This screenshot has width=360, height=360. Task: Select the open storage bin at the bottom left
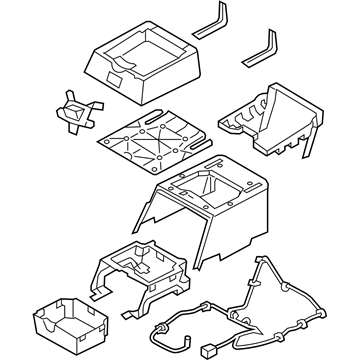click(x=62, y=319)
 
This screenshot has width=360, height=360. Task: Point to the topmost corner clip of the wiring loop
click(x=266, y=257)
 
